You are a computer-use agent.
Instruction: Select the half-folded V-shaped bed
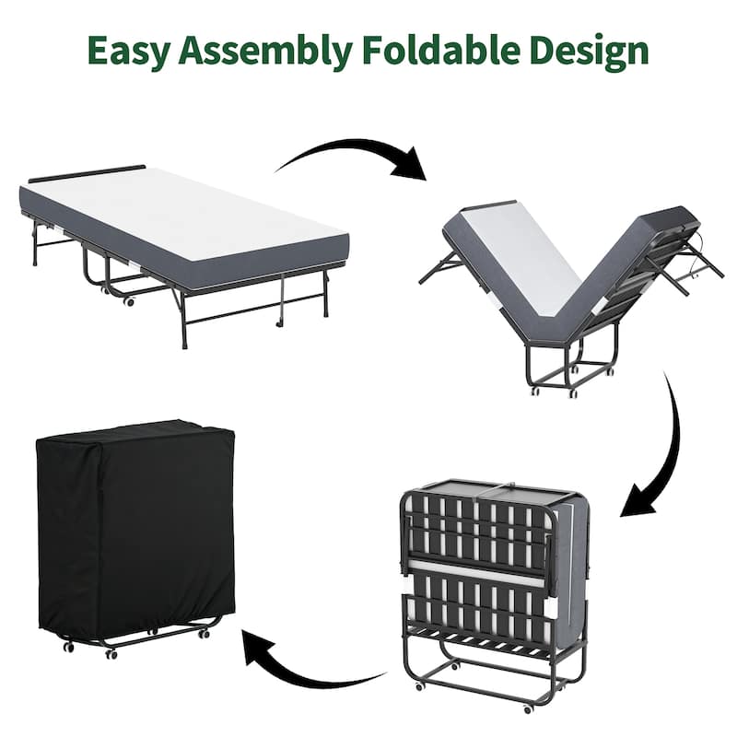571,286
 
